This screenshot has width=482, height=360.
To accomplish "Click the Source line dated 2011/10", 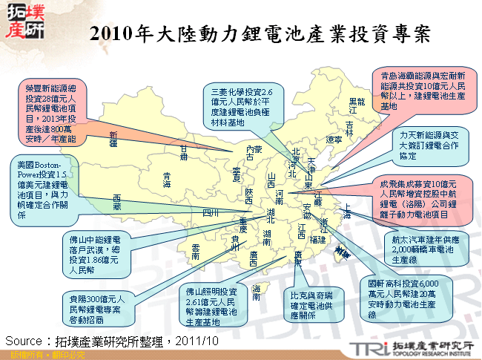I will coord(112,340).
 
